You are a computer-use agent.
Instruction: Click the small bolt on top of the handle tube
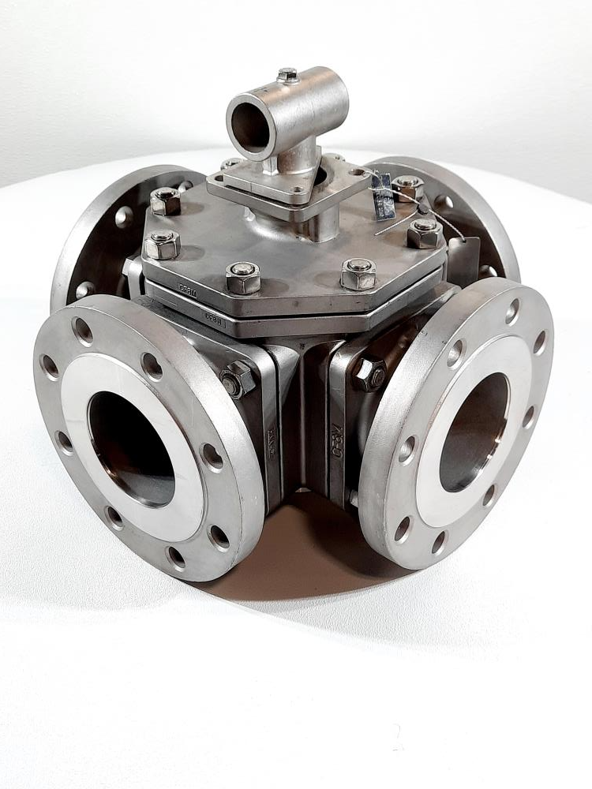tap(288, 75)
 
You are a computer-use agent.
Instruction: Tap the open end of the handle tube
tap(251, 126)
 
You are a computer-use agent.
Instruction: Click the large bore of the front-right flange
tap(474, 431)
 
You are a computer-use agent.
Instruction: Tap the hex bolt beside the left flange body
tap(238, 380)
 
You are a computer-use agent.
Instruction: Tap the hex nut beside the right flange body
tap(370, 374)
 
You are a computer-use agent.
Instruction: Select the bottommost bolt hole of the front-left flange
tap(176, 557)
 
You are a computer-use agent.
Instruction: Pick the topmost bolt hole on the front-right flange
tap(513, 311)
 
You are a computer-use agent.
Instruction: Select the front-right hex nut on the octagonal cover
tap(359, 273)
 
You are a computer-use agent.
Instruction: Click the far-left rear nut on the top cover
tap(165, 201)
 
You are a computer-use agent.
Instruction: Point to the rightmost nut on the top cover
tap(425, 233)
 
